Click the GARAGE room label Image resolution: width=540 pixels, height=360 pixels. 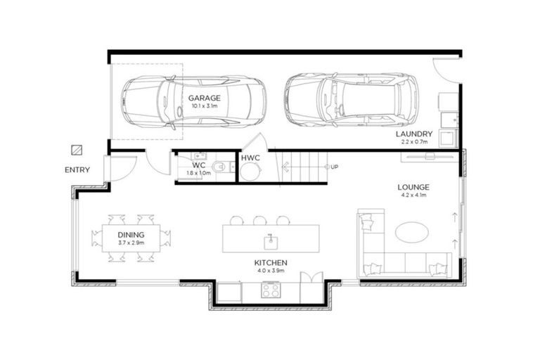click(x=204, y=98)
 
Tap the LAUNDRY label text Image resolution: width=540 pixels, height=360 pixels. click(x=414, y=134)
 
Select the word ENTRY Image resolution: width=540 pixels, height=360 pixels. click(x=77, y=170)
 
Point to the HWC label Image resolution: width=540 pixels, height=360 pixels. click(x=250, y=158)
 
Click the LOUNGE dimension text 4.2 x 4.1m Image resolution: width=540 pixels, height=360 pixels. click(x=413, y=195)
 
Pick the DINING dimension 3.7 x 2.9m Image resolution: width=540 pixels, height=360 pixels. click(x=131, y=243)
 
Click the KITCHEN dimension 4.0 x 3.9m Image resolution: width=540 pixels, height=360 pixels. click(x=271, y=271)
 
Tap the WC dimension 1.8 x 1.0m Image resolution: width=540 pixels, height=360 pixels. click(x=199, y=173)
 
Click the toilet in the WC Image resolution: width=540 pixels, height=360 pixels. click(x=221, y=167)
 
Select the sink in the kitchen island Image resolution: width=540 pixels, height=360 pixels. click(x=271, y=242)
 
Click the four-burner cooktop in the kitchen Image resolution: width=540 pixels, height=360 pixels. click(x=270, y=290)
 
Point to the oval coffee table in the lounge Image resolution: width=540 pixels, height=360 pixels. click(x=412, y=232)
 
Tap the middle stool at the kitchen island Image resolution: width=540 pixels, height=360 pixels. click(x=259, y=221)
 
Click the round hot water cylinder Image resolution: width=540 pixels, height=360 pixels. click(x=250, y=172)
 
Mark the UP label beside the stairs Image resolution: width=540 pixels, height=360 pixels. click(x=335, y=167)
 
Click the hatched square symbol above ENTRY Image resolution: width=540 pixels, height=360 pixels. click(x=77, y=150)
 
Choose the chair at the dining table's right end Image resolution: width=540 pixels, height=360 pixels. click(x=165, y=238)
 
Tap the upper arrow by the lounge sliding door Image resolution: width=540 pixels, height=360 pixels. click(x=455, y=217)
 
